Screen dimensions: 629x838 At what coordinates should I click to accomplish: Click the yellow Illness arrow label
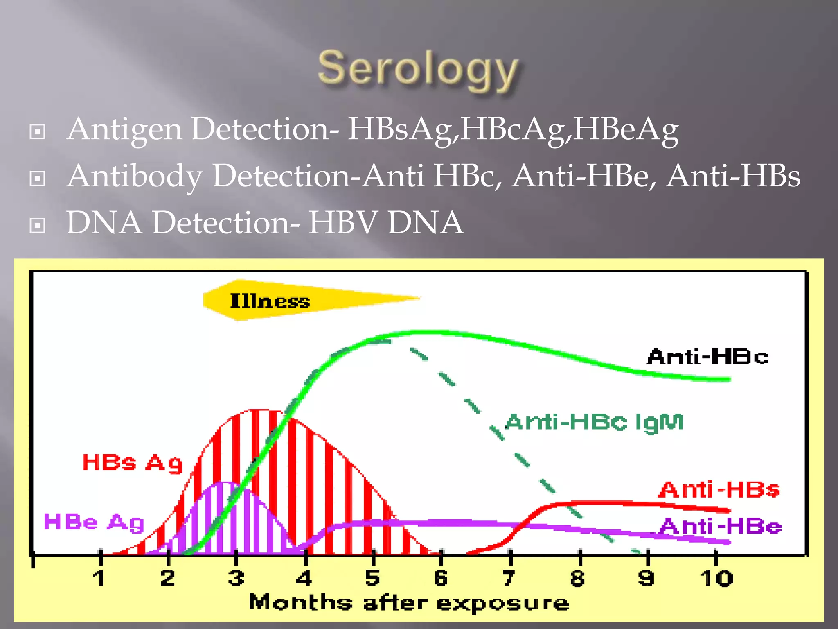click(270, 301)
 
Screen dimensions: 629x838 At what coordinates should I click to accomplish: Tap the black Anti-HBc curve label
click(707, 357)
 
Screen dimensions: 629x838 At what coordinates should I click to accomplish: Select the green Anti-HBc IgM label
click(595, 422)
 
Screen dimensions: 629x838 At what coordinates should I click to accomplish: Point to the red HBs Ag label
click(133, 463)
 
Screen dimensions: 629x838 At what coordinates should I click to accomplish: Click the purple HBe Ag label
click(94, 523)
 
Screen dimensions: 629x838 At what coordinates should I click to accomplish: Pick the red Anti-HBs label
click(719, 490)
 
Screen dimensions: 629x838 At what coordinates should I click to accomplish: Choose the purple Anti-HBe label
click(721, 526)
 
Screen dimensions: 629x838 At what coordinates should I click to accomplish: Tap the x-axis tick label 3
click(236, 578)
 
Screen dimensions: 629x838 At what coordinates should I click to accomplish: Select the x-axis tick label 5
click(372, 578)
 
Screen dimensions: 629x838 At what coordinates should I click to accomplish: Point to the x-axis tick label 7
click(509, 578)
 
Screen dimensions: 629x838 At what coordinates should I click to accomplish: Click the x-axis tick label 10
click(716, 578)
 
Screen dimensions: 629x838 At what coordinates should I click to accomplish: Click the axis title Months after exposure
click(409, 603)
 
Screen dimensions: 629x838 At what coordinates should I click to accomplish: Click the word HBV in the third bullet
click(342, 223)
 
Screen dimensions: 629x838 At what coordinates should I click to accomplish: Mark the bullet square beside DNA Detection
click(38, 225)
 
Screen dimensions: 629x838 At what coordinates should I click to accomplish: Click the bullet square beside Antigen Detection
click(38, 132)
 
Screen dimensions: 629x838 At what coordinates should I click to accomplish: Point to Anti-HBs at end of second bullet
click(733, 176)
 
